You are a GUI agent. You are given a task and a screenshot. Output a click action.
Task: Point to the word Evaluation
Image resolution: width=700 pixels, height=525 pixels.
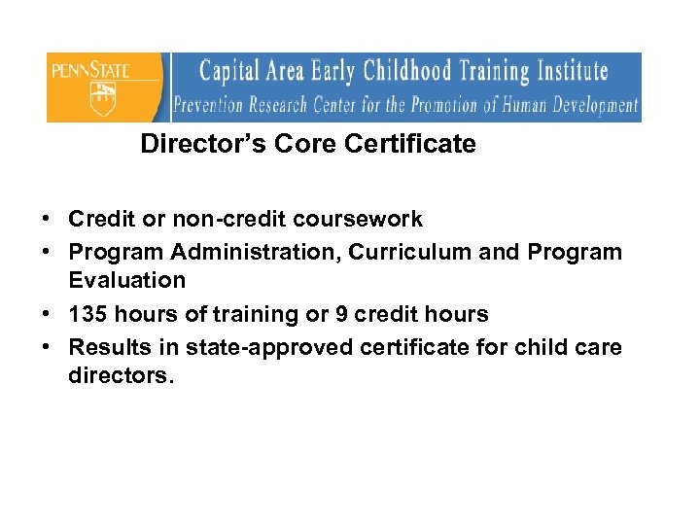[126, 280]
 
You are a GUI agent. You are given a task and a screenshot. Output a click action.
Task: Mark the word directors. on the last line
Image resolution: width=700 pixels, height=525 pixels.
[121, 375]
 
